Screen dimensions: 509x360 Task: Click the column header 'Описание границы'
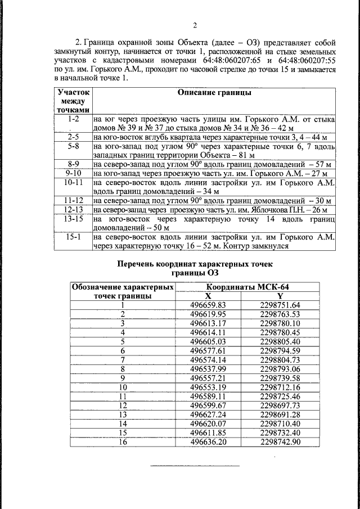(x=214, y=93)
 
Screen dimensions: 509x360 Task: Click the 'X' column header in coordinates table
(x=208, y=296)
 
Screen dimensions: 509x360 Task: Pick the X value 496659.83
(x=208, y=305)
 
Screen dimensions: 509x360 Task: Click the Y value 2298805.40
(x=281, y=341)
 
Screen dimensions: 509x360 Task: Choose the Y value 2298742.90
(x=281, y=442)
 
